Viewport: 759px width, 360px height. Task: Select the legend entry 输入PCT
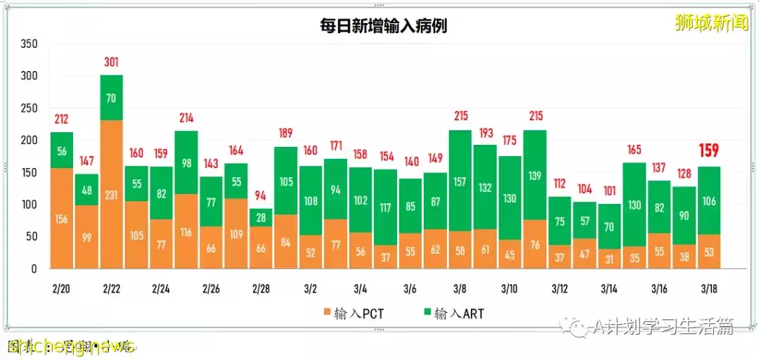349,314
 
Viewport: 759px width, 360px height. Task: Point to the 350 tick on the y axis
29,44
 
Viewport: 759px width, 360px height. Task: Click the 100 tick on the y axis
29,205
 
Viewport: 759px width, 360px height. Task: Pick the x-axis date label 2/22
112,289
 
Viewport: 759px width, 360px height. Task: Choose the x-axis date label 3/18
709,289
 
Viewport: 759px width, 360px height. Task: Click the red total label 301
112,62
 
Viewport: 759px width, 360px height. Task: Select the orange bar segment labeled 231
112,194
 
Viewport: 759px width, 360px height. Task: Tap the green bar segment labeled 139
535,175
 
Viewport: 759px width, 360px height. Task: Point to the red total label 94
261,195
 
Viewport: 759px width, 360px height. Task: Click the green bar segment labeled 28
261,217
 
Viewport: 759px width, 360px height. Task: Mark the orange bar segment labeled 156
62,218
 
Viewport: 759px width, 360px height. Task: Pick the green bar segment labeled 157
460,181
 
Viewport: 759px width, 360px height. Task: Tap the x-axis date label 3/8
460,289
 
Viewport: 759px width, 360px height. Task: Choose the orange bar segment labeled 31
609,259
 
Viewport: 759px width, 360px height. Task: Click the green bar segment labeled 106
709,200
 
